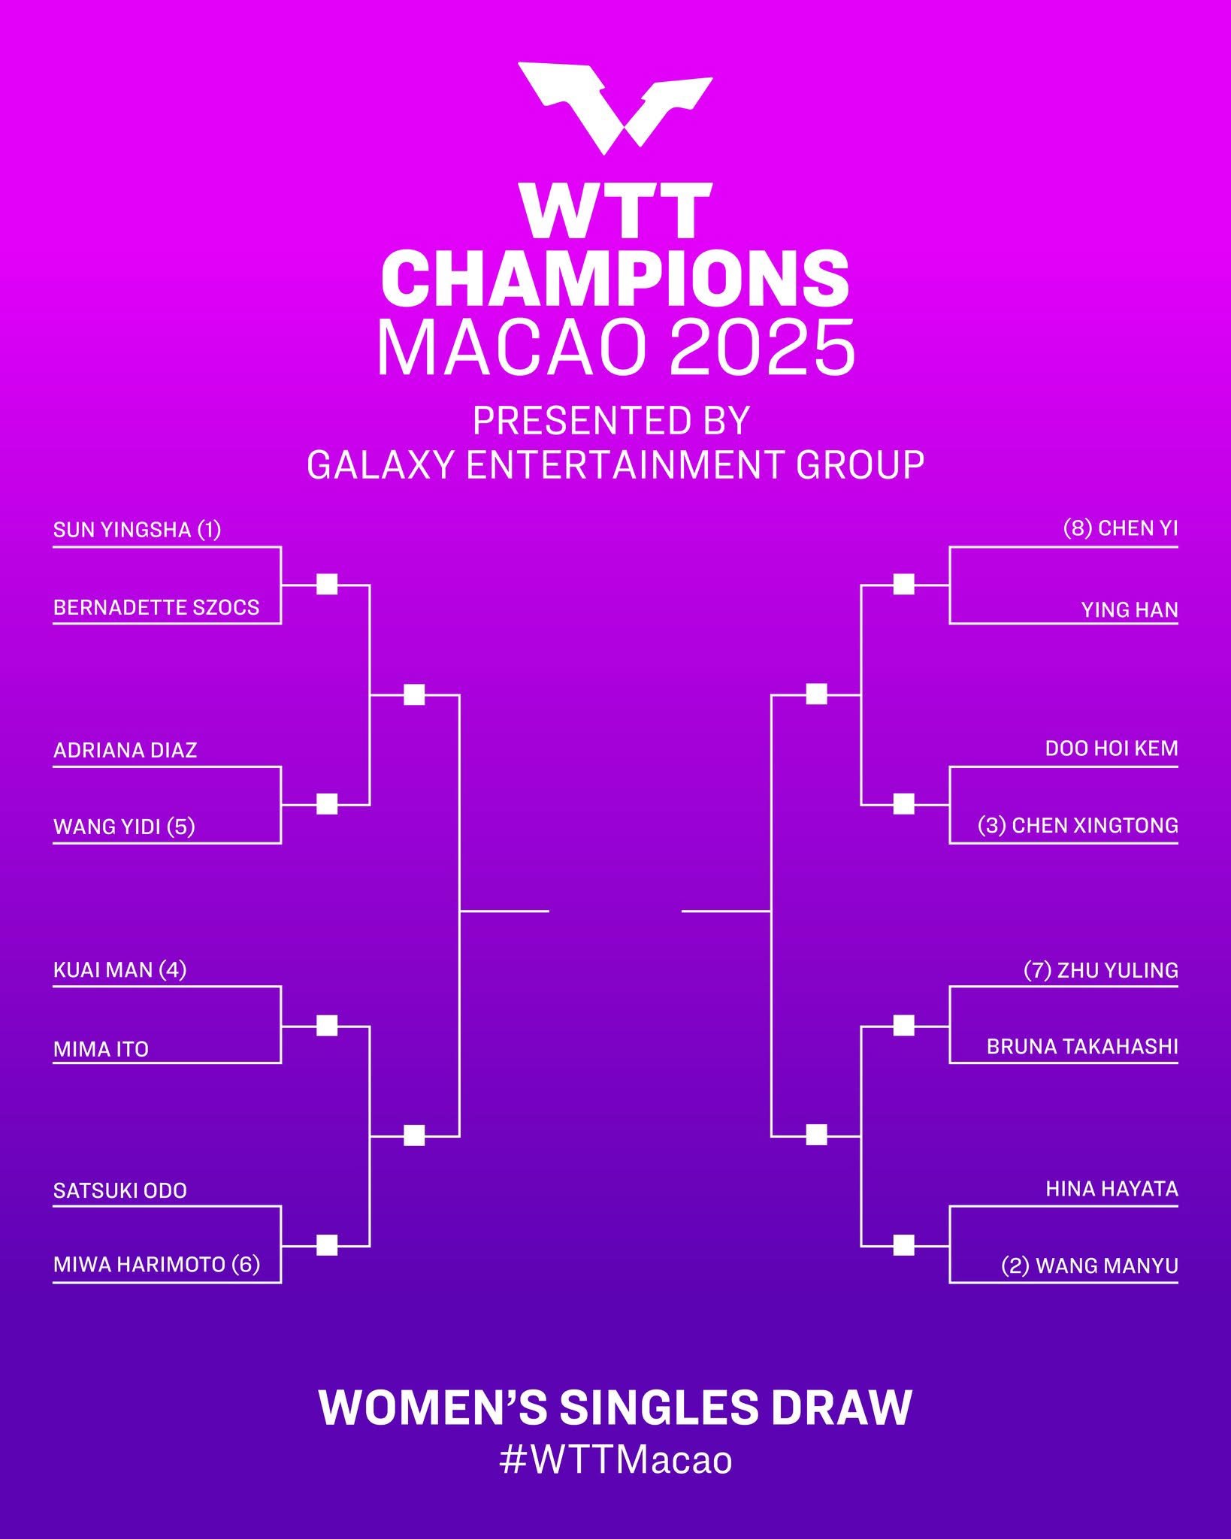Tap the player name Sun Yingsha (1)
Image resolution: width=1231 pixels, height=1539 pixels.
click(x=137, y=530)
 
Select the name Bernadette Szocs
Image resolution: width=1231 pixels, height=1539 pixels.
click(x=156, y=607)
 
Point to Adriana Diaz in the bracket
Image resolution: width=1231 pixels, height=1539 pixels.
click(x=125, y=750)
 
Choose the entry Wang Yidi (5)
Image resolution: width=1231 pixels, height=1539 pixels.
click(x=124, y=827)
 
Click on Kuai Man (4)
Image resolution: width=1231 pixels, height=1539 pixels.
click(x=119, y=969)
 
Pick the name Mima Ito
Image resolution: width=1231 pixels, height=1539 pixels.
click(x=101, y=1049)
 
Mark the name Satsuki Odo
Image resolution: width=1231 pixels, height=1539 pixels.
click(x=119, y=1190)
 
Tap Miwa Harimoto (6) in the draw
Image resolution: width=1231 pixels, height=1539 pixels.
click(x=156, y=1264)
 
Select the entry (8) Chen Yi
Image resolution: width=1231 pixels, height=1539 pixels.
click(x=1121, y=528)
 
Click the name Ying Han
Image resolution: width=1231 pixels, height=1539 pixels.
click(x=1130, y=609)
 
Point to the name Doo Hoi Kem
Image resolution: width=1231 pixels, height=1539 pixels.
click(x=1112, y=748)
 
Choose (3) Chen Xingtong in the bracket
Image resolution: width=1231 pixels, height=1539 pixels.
click(x=1078, y=825)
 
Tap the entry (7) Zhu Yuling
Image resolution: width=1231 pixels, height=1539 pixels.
click(x=1101, y=970)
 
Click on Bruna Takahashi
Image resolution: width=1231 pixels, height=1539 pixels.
click(x=1082, y=1046)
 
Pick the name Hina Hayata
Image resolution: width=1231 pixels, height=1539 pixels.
click(x=1112, y=1189)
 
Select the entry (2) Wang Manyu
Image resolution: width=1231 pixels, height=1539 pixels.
click(x=1090, y=1265)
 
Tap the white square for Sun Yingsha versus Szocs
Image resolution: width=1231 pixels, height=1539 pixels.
click(x=327, y=584)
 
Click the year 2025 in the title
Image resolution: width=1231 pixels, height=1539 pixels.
click(x=761, y=347)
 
